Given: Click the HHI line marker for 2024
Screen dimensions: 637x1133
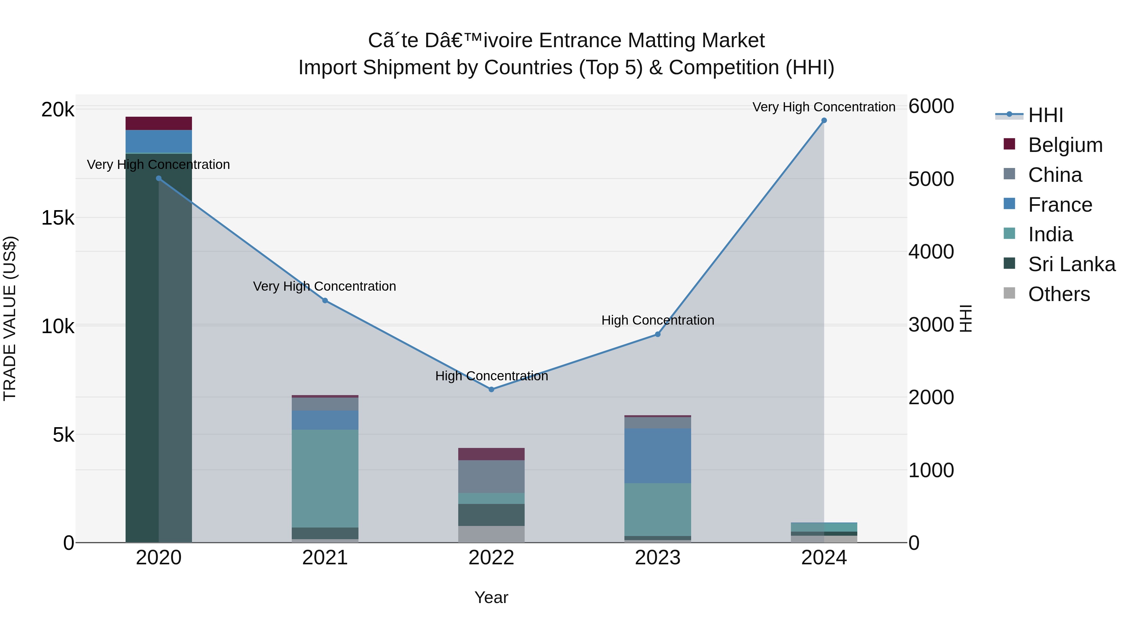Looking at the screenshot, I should (824, 120).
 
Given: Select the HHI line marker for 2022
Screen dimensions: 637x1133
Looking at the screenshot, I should (491, 389).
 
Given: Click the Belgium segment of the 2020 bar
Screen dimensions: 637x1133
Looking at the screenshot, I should (159, 124).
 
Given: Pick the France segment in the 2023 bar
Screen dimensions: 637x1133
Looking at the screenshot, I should (657, 456).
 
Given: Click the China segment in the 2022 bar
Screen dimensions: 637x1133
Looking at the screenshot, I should (491, 477).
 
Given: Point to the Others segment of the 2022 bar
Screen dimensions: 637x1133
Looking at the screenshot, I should (491, 534).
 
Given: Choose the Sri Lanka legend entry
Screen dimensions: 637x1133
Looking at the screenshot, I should (1071, 265).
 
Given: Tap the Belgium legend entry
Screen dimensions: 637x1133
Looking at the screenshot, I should (1065, 145).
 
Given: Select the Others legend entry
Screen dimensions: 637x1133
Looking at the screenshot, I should (1059, 294).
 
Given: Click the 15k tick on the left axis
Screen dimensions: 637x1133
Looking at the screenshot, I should (58, 218).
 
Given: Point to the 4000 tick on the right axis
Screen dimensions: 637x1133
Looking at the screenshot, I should (931, 252).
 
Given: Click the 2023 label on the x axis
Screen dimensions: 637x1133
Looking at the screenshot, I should (657, 558).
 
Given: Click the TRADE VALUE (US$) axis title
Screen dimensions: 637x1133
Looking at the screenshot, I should (10, 318).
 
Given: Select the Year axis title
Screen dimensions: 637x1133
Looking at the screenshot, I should (491, 597).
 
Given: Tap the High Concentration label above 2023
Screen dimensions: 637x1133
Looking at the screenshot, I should (657, 321).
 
